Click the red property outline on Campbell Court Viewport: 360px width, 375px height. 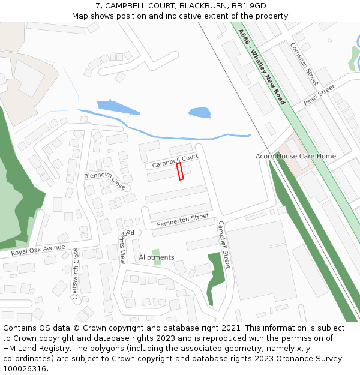point(180,171)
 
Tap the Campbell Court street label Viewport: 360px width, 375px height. point(175,161)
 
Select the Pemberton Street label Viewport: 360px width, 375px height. point(183,220)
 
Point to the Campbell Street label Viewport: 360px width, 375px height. point(224,244)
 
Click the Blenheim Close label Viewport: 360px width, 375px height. point(104,181)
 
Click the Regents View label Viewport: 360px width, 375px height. point(122,247)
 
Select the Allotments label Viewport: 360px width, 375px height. point(157,257)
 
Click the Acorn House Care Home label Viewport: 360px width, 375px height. point(296,157)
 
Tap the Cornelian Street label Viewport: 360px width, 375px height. point(304,64)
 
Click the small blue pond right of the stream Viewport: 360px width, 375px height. point(199,112)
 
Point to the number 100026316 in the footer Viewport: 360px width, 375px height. point(25,368)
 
